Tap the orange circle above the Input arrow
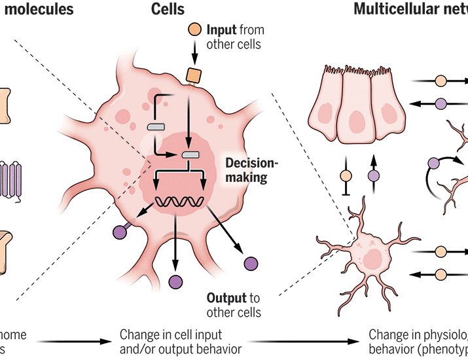[195, 30]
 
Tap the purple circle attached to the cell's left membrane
[120, 231]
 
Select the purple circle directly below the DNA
[175, 282]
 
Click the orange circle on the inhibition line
[347, 175]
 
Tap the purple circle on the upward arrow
[373, 175]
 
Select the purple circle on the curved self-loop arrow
[433, 164]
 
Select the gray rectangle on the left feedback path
[155, 127]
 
